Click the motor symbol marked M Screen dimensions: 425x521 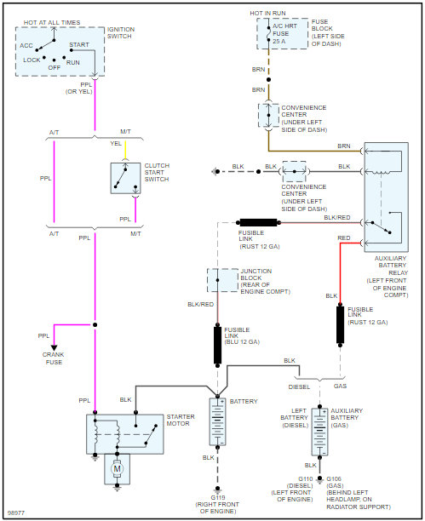click(117, 469)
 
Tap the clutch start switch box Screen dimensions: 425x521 click(125, 178)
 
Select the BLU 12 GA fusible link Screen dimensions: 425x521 click(217, 346)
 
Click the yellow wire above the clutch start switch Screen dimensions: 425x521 click(125, 150)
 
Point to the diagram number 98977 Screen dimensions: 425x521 click(16, 512)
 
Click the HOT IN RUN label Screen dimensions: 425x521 click(267, 14)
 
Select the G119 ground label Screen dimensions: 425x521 click(218, 497)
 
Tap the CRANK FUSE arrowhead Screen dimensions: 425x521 click(54, 348)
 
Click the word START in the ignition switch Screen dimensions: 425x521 click(79, 44)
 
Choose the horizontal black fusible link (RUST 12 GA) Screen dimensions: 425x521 click(258, 223)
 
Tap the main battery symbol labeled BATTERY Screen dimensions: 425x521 click(217, 421)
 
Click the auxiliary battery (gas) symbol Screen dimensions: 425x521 click(319, 432)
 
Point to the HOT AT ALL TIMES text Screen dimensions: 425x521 click(52, 23)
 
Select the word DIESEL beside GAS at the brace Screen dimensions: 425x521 click(299, 387)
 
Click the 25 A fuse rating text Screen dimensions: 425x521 click(279, 41)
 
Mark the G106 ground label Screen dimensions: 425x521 click(334, 478)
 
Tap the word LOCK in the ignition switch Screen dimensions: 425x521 click(32, 60)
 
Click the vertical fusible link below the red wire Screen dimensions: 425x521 click(340, 324)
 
